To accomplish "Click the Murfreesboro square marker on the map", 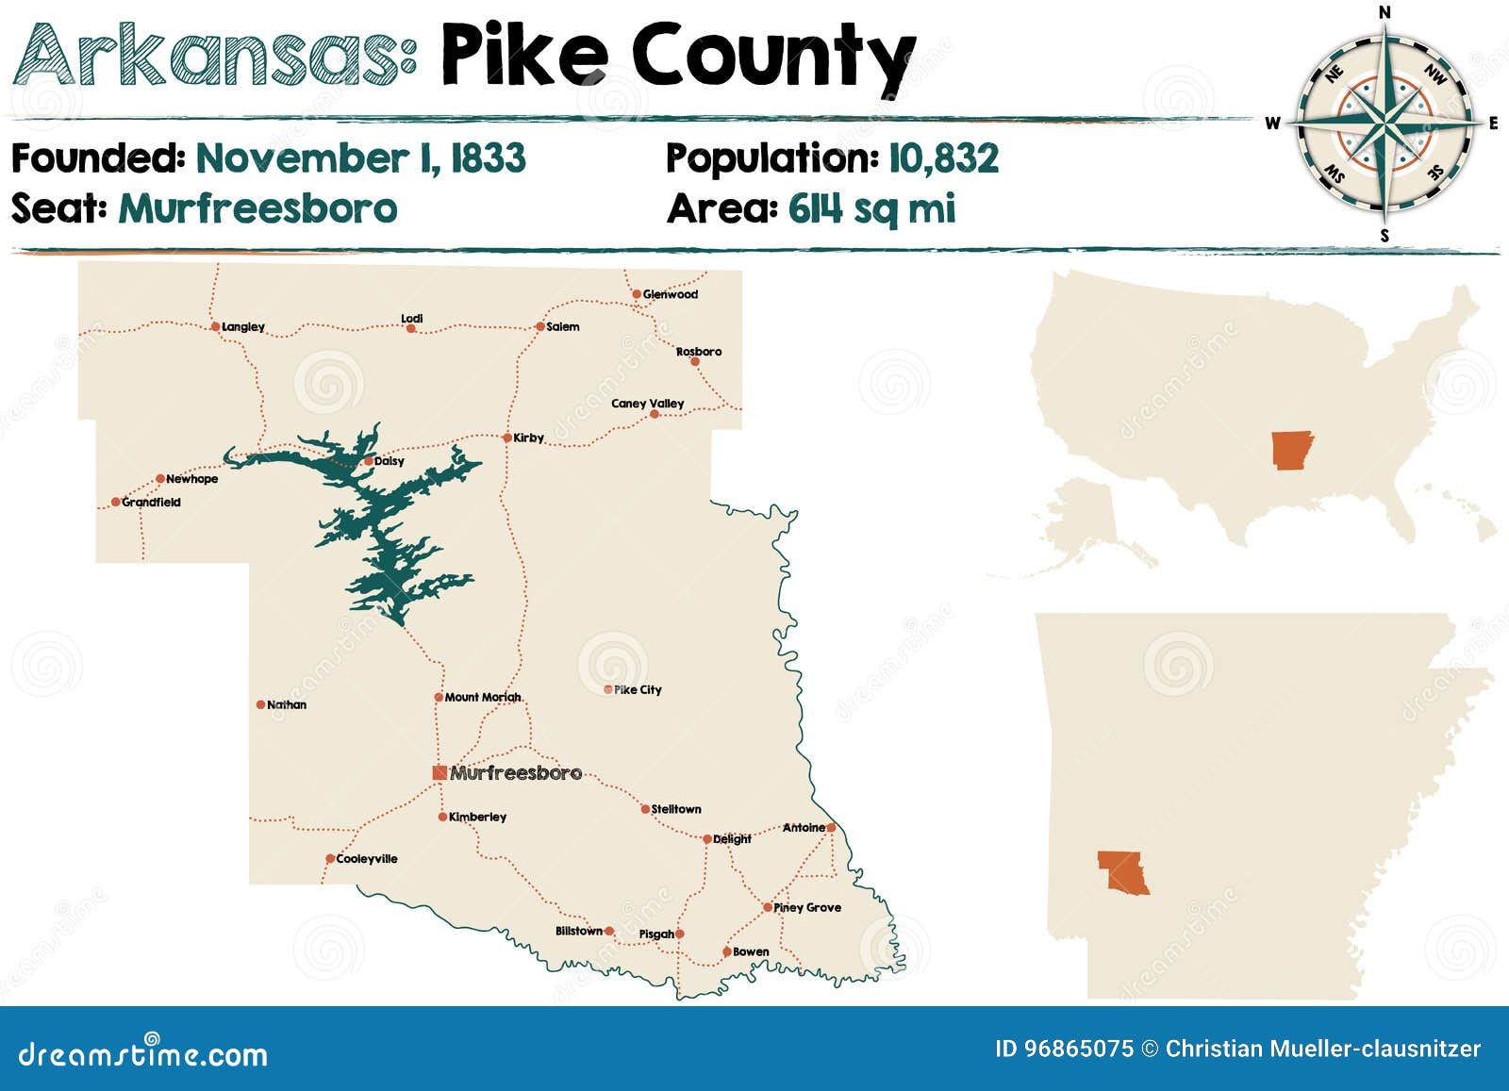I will click(x=439, y=773).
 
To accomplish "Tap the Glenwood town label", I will click(x=671, y=294).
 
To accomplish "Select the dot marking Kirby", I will click(x=506, y=438).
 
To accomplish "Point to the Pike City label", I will click(x=638, y=690).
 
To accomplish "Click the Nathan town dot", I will click(x=261, y=704).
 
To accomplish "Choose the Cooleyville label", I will click(x=367, y=859).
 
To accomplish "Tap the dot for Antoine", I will click(x=831, y=828).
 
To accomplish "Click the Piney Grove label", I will click(x=807, y=907).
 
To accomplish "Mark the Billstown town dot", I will click(x=609, y=932).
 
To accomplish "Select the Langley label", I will click(x=243, y=327).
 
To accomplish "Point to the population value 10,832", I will click(x=943, y=158).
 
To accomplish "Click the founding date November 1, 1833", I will click(x=360, y=158).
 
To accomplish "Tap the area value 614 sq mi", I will click(x=871, y=208).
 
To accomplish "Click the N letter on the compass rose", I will click(x=1385, y=12).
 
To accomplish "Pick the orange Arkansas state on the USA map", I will click(x=1291, y=451).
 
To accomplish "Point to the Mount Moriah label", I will click(x=483, y=698).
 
